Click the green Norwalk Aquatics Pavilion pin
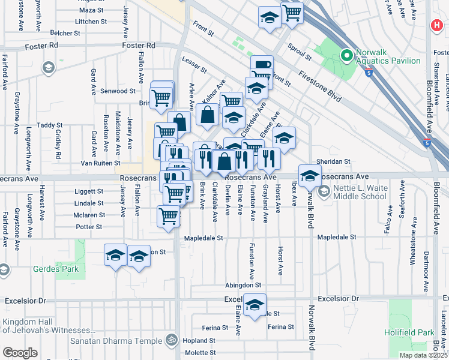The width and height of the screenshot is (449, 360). coord(346,56)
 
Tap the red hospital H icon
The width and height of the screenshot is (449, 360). coord(436,26)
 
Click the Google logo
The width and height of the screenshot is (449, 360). coord(20,353)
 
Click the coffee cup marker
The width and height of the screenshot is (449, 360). coord(262,64)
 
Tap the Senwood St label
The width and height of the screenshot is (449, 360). coord(117,91)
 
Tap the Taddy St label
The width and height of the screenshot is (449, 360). coord(46,125)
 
